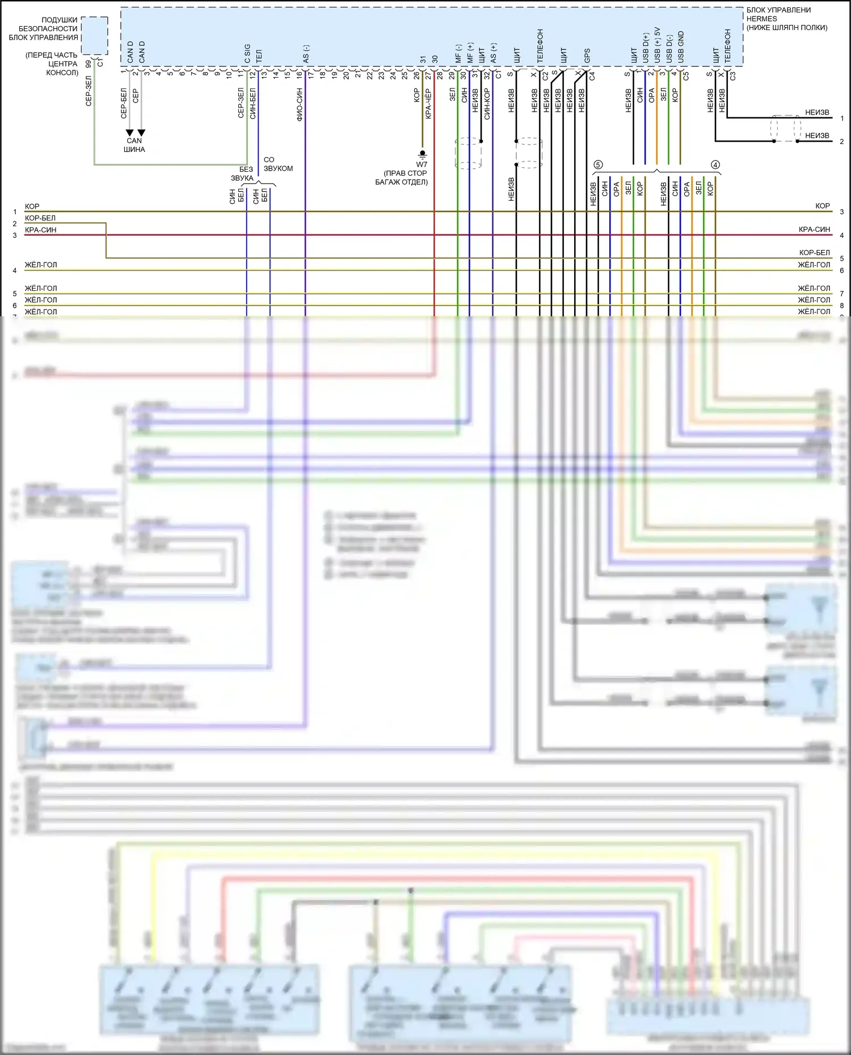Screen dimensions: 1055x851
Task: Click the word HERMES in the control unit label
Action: tap(761, 19)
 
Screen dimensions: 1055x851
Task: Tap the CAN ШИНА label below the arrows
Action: tap(134, 145)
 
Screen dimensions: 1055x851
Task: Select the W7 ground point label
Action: tap(422, 164)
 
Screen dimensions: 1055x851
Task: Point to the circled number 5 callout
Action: tap(598, 165)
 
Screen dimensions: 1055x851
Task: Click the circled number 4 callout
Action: tap(715, 165)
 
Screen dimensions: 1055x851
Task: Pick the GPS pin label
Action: tap(587, 56)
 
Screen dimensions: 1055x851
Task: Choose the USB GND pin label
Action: tap(681, 47)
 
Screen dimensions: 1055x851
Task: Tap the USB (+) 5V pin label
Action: tap(658, 45)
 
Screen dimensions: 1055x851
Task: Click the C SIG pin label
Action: tap(247, 53)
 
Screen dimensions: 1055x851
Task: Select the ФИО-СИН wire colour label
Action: tap(300, 104)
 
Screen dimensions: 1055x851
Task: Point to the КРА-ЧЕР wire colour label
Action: tap(428, 103)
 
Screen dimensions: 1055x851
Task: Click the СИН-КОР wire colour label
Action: tap(487, 104)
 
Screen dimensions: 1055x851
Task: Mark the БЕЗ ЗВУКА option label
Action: tap(243, 173)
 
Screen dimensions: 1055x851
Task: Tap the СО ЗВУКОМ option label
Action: tap(277, 164)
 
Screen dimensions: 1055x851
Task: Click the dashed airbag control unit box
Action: tap(94, 35)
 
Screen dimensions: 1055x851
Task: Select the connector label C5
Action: tap(686, 75)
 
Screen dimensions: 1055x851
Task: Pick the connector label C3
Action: tap(733, 75)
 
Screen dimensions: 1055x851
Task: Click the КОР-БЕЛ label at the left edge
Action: tap(40, 218)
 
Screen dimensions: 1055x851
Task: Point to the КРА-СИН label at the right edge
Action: tap(814, 230)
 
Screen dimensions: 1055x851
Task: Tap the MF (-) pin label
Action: tap(458, 53)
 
